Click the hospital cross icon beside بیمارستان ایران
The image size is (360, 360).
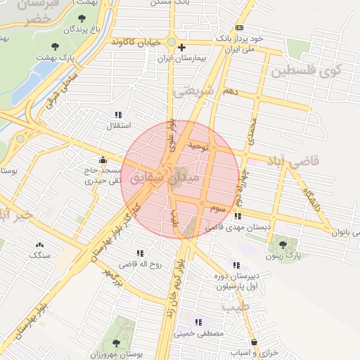(181, 48)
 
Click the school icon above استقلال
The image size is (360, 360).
(117, 115)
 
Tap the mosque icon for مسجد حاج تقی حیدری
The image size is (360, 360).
(104, 160)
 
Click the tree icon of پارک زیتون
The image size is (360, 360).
(283, 245)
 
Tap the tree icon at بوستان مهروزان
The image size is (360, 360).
(116, 343)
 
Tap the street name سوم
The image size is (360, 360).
(217, 209)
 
